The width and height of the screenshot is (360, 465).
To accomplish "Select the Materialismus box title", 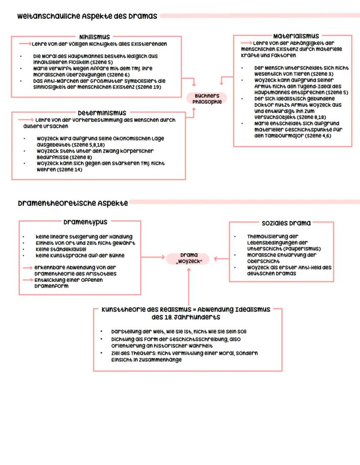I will point(296,36).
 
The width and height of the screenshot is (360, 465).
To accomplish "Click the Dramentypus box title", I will point(85,222).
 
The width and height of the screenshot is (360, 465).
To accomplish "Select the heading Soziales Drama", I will point(286,223).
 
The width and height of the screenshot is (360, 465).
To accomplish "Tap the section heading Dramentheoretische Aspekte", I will point(72,203).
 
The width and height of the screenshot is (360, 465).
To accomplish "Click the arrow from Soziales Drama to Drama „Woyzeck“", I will point(221,258).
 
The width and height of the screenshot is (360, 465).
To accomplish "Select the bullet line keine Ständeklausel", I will point(61,250).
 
